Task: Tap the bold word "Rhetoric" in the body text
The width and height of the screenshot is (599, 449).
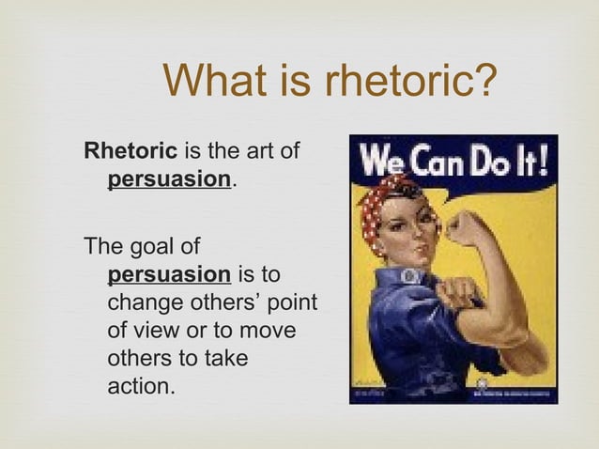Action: coord(131,150)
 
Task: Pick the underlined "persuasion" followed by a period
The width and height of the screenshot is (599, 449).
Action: coord(169,178)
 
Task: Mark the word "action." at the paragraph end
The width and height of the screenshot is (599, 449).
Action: coord(142,386)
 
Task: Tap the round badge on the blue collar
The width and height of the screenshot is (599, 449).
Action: coord(411,276)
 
